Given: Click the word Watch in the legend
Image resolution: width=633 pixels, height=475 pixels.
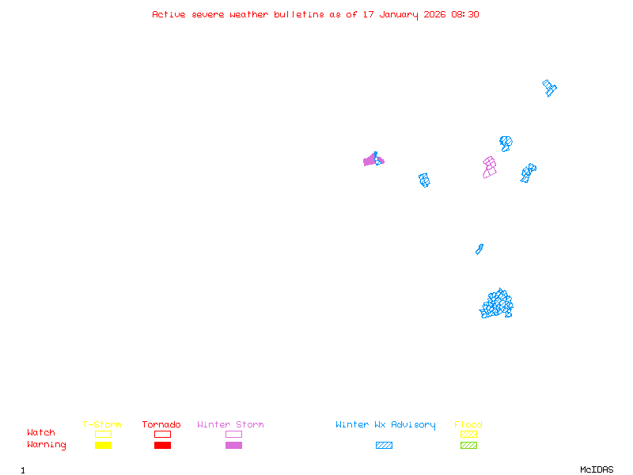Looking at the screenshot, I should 41,433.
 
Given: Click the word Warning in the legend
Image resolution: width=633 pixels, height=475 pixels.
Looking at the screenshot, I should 47,445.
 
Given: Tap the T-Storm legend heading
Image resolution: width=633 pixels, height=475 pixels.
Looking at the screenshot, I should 102,425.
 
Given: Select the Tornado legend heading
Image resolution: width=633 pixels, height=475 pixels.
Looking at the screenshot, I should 161,425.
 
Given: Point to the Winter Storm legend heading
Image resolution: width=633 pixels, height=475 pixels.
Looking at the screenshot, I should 230,425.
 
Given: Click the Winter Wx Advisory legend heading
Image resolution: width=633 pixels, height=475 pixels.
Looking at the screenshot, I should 385,425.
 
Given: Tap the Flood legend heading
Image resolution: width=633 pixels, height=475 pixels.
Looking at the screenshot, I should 468,425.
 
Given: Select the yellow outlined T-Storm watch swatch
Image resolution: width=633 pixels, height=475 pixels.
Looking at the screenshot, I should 103,434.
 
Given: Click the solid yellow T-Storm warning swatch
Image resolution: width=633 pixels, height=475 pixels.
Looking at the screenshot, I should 103,445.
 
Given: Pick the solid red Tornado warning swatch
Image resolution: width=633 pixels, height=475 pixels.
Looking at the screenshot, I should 162,445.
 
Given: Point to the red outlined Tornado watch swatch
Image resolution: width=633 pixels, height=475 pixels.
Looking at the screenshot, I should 162,434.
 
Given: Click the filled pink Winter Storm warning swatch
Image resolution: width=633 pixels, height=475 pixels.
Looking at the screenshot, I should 233,445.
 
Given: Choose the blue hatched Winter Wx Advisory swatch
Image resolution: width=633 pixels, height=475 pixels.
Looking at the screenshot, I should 384,445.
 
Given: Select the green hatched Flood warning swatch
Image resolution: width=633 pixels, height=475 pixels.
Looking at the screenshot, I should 468,445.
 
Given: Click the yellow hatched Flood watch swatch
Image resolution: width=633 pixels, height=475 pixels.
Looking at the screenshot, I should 468,434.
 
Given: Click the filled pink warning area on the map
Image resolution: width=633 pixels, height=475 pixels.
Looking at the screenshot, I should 370,161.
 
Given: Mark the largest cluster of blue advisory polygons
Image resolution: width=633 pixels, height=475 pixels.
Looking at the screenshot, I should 497,304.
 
